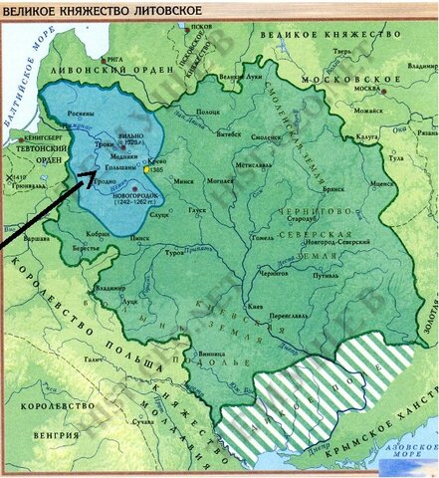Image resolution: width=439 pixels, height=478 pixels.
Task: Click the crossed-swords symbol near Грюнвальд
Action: pyautogui.click(x=9, y=179)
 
